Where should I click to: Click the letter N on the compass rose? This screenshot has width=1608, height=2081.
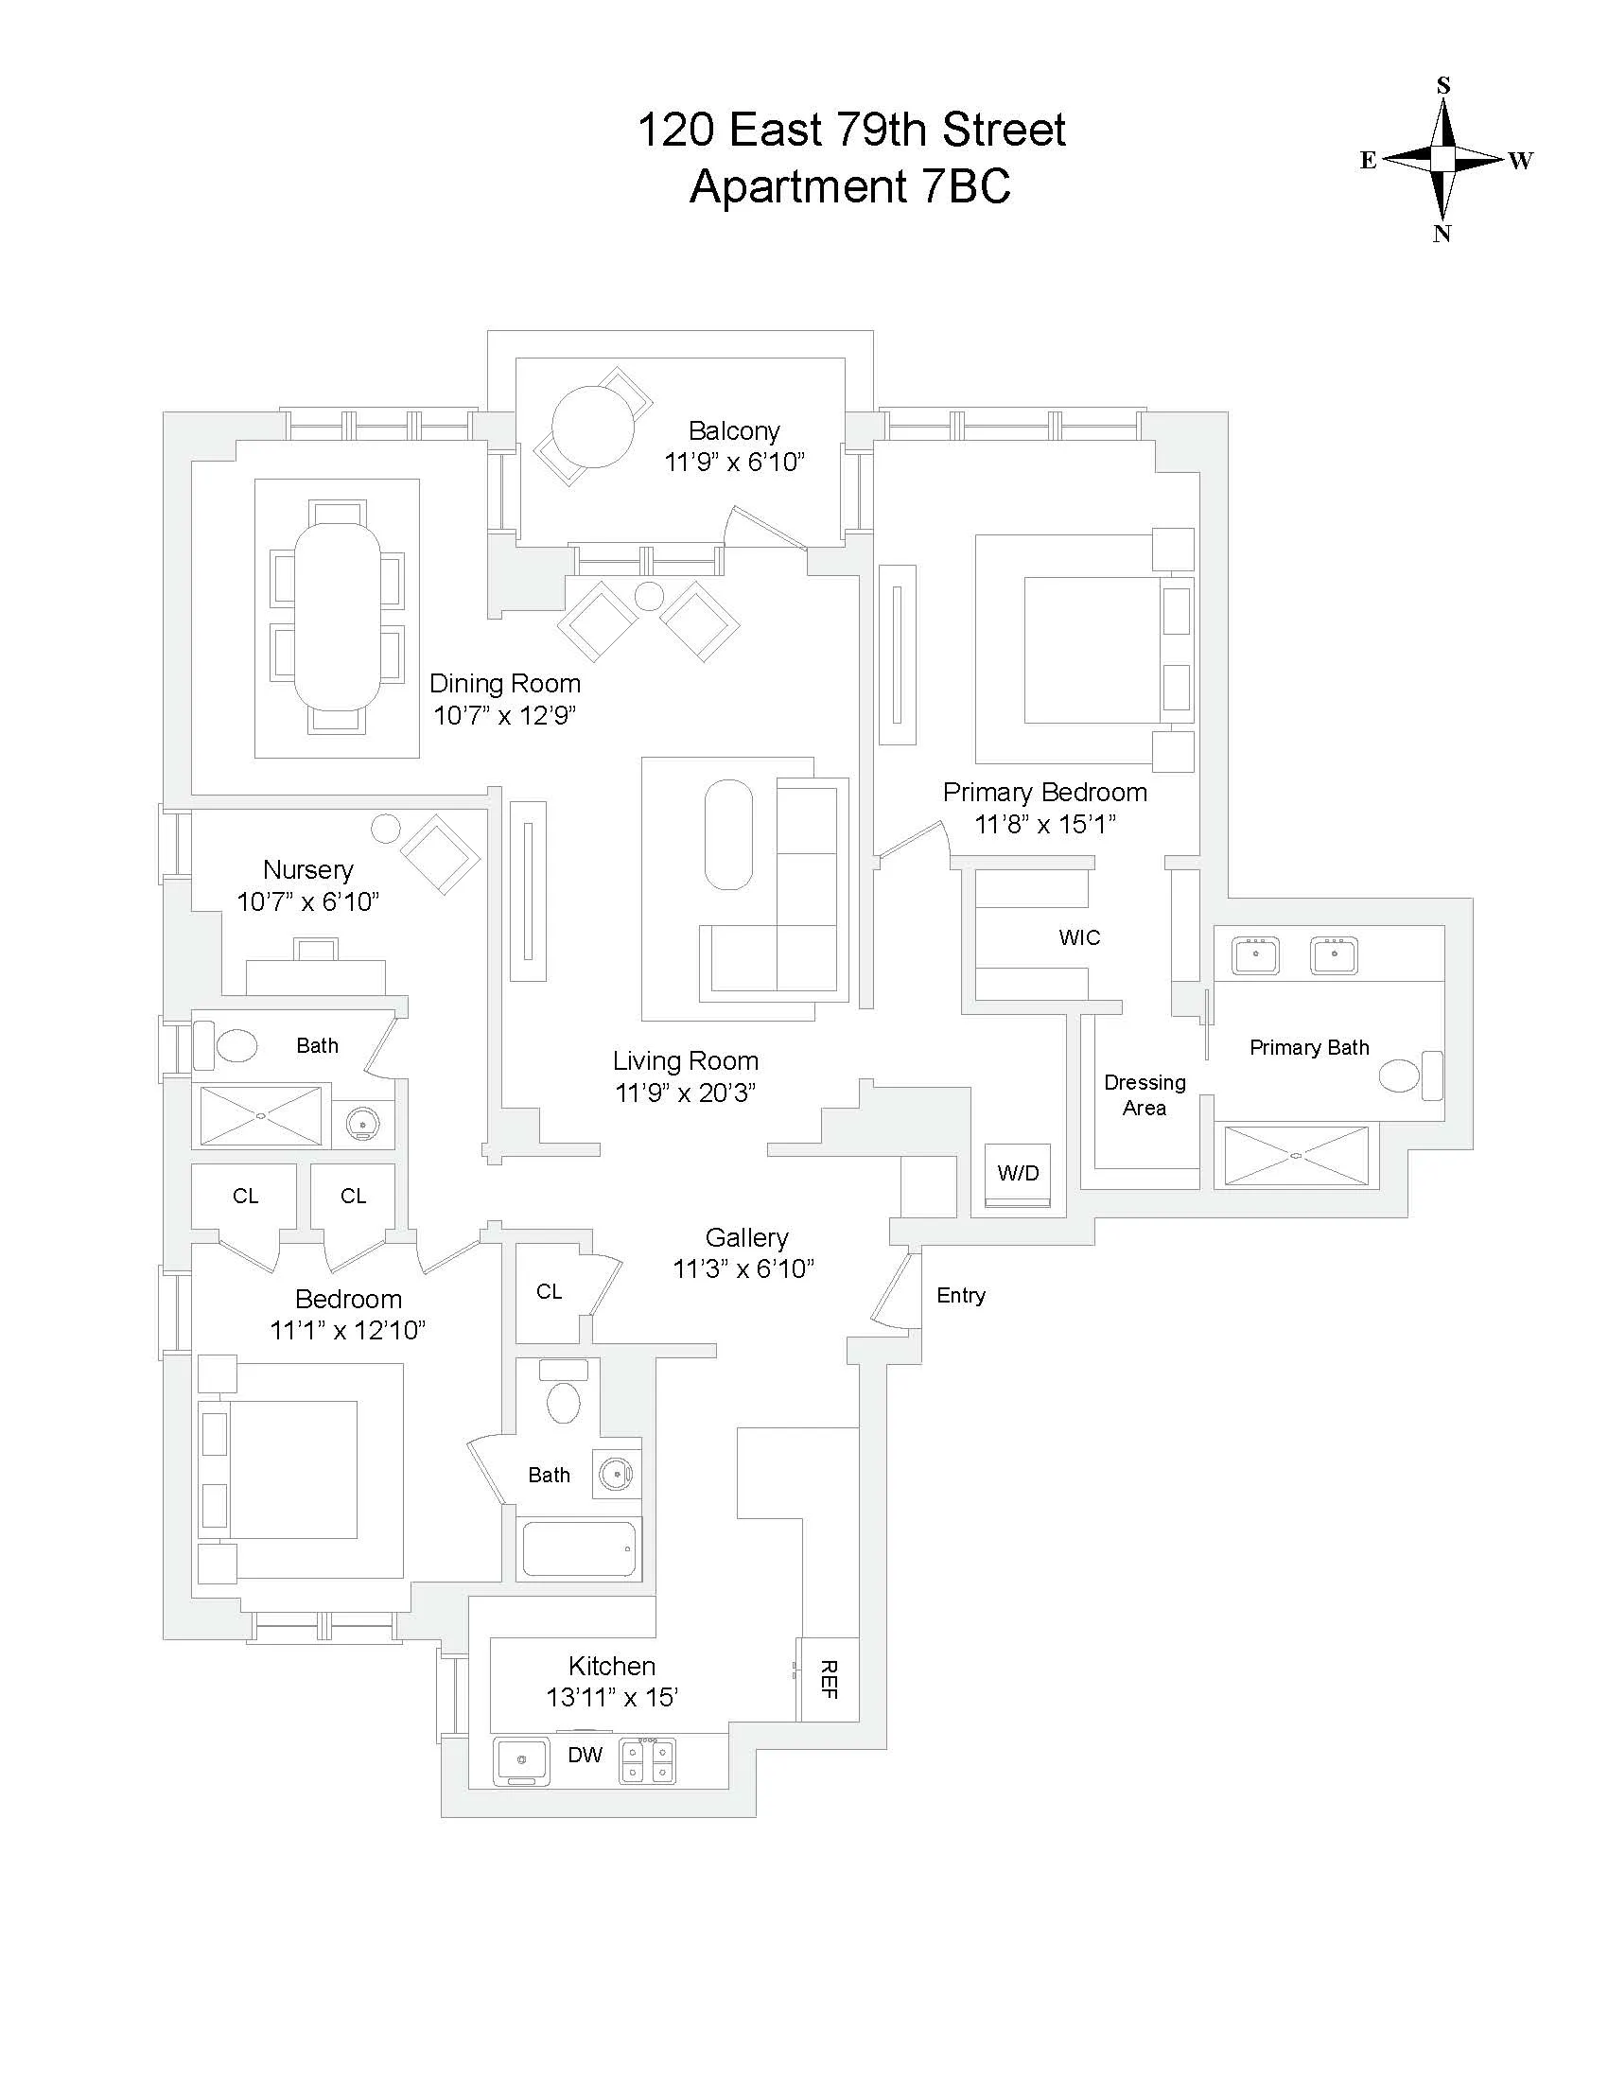1442,234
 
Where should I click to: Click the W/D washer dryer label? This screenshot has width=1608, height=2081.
1018,1174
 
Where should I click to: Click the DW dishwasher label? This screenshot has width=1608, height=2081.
585,1755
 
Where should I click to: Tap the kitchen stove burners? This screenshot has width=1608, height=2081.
648,1761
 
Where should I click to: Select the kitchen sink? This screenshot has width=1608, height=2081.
521,1761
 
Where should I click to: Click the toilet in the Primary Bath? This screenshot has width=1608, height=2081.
1399,1075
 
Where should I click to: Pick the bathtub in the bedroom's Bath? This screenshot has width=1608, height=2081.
578,1549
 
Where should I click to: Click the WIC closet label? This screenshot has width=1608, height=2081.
1079,937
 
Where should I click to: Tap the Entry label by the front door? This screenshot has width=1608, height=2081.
960,1295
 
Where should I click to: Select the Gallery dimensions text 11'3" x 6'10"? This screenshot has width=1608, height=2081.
744,1269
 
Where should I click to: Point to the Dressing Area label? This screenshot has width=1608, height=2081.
1145,1094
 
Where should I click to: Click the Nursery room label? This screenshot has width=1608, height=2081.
307,869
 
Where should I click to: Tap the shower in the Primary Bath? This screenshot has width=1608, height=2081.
1296,1156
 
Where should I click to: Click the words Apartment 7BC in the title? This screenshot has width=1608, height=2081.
849,185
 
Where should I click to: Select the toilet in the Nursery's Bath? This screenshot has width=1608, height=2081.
236,1045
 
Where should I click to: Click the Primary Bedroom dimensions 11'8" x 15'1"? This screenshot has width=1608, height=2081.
1045,824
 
